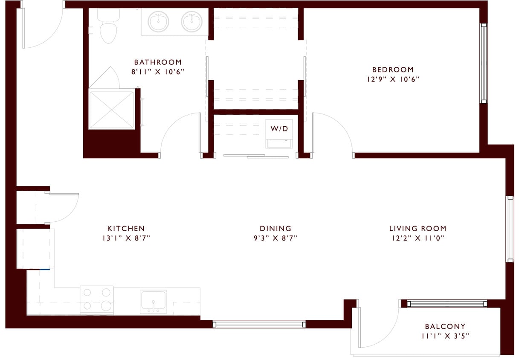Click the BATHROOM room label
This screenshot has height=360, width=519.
click(x=158, y=62)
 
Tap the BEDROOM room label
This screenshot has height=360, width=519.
click(x=393, y=70)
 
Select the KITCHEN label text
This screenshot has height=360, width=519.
click(x=126, y=229)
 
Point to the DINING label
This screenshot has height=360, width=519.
click(x=275, y=229)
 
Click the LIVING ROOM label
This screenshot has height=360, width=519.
click(x=418, y=229)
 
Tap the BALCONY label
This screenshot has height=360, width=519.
click(x=445, y=326)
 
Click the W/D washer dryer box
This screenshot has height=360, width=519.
click(x=279, y=129)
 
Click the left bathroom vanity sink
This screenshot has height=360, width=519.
click(x=158, y=22)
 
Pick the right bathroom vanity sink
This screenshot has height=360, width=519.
click(x=191, y=22)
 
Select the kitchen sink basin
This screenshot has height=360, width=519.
click(x=153, y=301)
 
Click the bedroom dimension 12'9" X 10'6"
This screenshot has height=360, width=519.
click(x=393, y=79)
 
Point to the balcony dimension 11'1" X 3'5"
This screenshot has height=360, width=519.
click(x=445, y=336)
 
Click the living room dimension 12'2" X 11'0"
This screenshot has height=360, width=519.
click(x=418, y=238)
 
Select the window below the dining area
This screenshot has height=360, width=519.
click(x=259, y=324)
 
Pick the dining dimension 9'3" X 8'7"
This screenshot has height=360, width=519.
click(x=275, y=238)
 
